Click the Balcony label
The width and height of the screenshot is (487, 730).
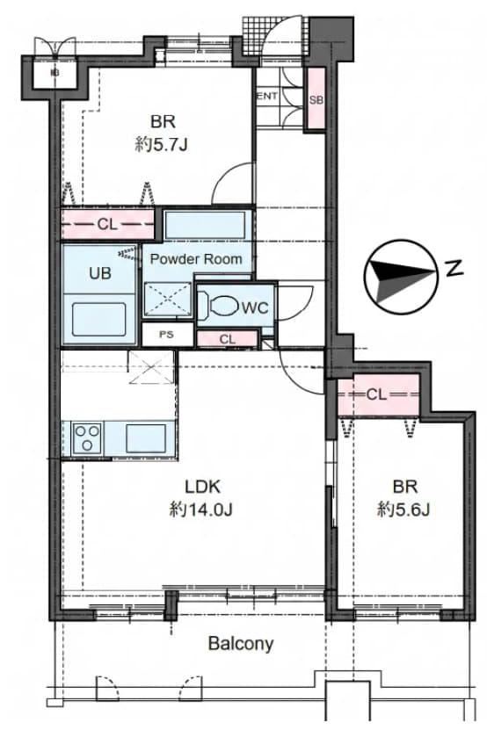[241, 643]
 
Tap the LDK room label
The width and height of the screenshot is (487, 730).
[202, 487]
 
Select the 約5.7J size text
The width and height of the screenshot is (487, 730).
[161, 146]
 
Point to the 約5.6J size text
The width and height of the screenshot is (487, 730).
[403, 510]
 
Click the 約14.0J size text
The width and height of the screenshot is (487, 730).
[200, 510]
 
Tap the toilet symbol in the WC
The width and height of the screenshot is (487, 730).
[221, 307]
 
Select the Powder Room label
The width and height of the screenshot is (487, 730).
[196, 259]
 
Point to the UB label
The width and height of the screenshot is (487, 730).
[100, 273]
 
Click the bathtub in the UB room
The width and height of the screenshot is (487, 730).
[99, 320]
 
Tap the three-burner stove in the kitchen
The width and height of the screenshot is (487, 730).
[88, 438]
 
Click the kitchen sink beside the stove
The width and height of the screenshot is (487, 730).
[146, 438]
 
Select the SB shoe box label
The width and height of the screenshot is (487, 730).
[316, 99]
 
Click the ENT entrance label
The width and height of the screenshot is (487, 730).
[267, 97]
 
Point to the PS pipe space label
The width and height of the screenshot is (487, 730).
[166, 335]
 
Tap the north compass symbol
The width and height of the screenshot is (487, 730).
[401, 278]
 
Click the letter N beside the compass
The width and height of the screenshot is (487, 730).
[454, 268]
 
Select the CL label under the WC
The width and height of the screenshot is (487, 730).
[228, 339]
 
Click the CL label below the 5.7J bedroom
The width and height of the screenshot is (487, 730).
[106, 224]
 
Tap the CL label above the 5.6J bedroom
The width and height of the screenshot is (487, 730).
[376, 394]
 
